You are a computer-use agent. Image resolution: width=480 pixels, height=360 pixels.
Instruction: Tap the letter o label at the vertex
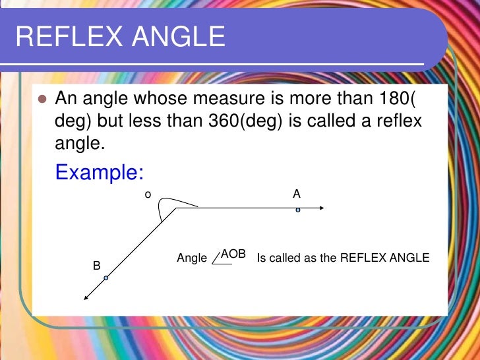point(148,194)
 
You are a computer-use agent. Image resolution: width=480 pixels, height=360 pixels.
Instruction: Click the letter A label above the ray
point(297,194)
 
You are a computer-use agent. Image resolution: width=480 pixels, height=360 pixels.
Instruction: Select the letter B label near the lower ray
point(96,266)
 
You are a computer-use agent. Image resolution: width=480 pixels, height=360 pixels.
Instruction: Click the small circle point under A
point(298,210)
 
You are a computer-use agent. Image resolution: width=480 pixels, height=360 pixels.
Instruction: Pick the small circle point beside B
point(105,278)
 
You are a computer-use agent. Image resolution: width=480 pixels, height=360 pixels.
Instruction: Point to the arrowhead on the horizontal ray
point(320,208)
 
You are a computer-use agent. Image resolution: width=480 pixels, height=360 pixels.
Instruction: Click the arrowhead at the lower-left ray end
point(86,297)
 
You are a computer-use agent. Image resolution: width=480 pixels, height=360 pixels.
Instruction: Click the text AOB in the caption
point(233,254)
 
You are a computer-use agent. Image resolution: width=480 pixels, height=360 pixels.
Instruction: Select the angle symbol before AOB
point(219,258)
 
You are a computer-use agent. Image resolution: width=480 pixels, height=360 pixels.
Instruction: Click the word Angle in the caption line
point(192,258)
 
